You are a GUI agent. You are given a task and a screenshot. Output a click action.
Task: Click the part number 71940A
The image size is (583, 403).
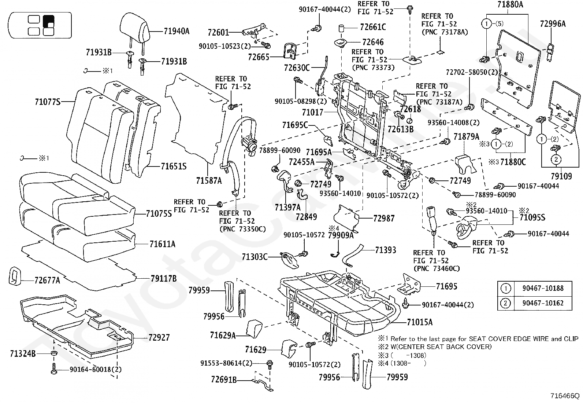[176, 31]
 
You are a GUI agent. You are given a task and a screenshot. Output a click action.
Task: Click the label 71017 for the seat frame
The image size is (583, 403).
[313, 112]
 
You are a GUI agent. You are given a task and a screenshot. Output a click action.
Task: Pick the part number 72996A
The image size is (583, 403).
[553, 24]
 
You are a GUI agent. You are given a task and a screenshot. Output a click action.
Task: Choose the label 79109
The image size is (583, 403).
[561, 176]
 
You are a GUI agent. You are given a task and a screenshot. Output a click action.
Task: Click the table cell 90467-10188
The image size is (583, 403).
[543, 288]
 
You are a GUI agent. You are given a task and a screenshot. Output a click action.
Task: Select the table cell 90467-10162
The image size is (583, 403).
[543, 303]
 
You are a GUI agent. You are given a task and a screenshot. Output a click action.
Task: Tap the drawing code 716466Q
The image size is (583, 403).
[565, 396]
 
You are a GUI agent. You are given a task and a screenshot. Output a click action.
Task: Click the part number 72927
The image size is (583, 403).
[159, 337]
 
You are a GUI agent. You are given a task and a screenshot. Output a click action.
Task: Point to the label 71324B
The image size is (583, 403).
[23, 353]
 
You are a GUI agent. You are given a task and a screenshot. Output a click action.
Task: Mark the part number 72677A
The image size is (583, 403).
[47, 281]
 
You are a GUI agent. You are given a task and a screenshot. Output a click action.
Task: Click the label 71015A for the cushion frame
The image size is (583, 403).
[420, 322]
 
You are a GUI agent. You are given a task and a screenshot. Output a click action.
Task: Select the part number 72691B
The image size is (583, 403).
[224, 379]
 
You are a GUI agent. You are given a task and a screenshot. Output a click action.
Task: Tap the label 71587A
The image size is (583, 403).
[209, 180]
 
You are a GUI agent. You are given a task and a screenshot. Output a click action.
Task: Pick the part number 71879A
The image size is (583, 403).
[466, 137]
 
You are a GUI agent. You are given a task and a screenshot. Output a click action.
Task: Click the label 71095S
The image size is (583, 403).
[532, 217]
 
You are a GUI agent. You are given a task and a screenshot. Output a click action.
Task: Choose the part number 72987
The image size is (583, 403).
[384, 218]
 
